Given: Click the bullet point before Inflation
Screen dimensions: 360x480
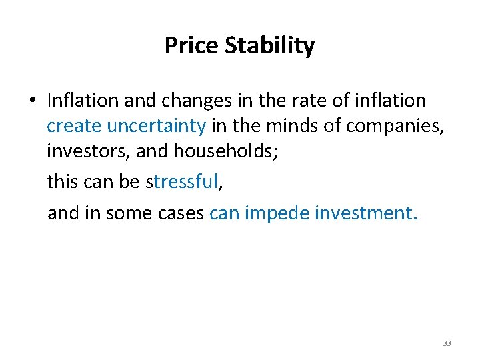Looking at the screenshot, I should click(x=31, y=101).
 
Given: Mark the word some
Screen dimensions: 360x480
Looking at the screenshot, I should click(x=139, y=213).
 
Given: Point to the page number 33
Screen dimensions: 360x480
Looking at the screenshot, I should click(x=447, y=343).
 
